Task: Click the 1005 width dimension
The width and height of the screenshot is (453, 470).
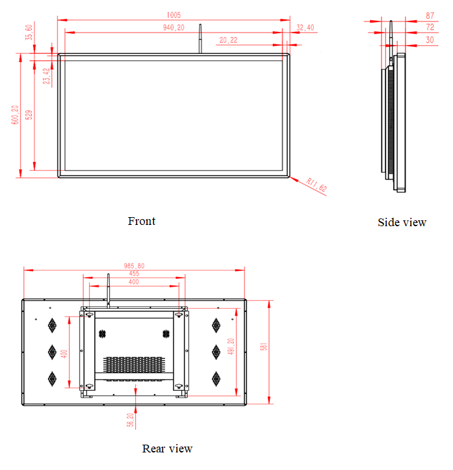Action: pos(174,15)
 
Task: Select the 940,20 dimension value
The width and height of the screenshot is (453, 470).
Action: pos(174,27)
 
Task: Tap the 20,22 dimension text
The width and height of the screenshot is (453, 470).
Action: pos(228,40)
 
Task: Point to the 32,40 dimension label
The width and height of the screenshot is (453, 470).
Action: pos(305,27)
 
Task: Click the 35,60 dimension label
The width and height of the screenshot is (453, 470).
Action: pos(29,32)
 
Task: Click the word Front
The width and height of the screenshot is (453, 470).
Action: pos(142,221)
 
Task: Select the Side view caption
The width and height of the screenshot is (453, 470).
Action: pos(402,222)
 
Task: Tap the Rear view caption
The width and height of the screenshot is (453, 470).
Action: pos(167,449)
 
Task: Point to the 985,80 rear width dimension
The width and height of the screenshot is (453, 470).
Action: pos(133,265)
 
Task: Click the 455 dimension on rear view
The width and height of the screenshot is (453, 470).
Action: pos(133,274)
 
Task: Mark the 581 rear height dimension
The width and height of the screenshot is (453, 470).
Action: pos(264,347)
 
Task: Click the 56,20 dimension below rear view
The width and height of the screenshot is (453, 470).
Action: pos(131,419)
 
